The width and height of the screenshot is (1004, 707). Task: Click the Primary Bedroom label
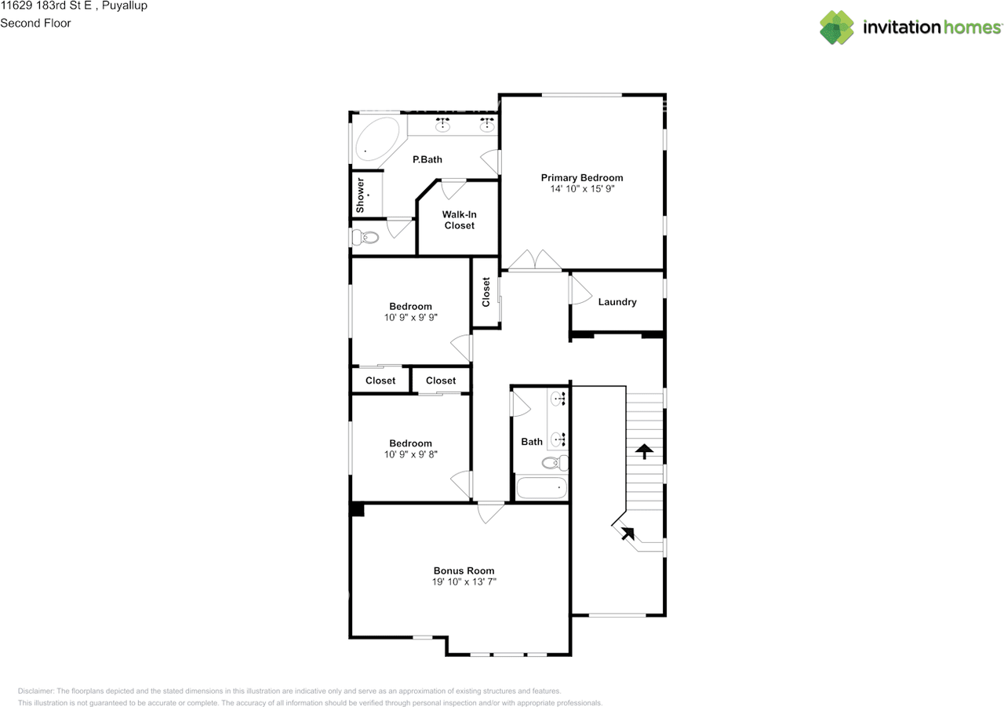(x=582, y=177)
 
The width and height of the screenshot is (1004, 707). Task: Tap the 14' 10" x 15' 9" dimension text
(x=582, y=189)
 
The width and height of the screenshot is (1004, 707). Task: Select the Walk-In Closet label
(x=460, y=220)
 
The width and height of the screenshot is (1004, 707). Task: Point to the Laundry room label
(x=617, y=302)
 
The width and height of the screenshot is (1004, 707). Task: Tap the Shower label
(x=360, y=195)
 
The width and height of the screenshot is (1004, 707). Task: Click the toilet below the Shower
(x=366, y=237)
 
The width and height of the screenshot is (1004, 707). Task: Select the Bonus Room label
(x=464, y=570)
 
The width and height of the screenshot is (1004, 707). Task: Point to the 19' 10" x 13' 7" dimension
(x=464, y=582)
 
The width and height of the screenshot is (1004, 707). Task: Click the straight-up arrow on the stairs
(x=644, y=451)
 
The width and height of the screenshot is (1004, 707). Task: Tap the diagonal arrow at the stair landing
(x=627, y=533)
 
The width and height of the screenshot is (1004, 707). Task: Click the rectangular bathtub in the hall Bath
(x=542, y=487)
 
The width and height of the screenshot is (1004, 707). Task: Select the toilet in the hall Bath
(x=555, y=463)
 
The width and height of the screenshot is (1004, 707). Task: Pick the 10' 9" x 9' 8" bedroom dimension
(x=410, y=454)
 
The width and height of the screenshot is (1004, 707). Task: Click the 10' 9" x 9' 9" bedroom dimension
(x=410, y=318)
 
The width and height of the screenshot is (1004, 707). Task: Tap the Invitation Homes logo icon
(x=837, y=27)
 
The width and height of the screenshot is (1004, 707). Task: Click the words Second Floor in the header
(x=35, y=23)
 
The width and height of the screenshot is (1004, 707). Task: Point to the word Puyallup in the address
(x=125, y=5)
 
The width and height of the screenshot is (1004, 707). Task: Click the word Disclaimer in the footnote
(x=36, y=691)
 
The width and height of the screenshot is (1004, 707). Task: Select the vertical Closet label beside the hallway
(x=486, y=292)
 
